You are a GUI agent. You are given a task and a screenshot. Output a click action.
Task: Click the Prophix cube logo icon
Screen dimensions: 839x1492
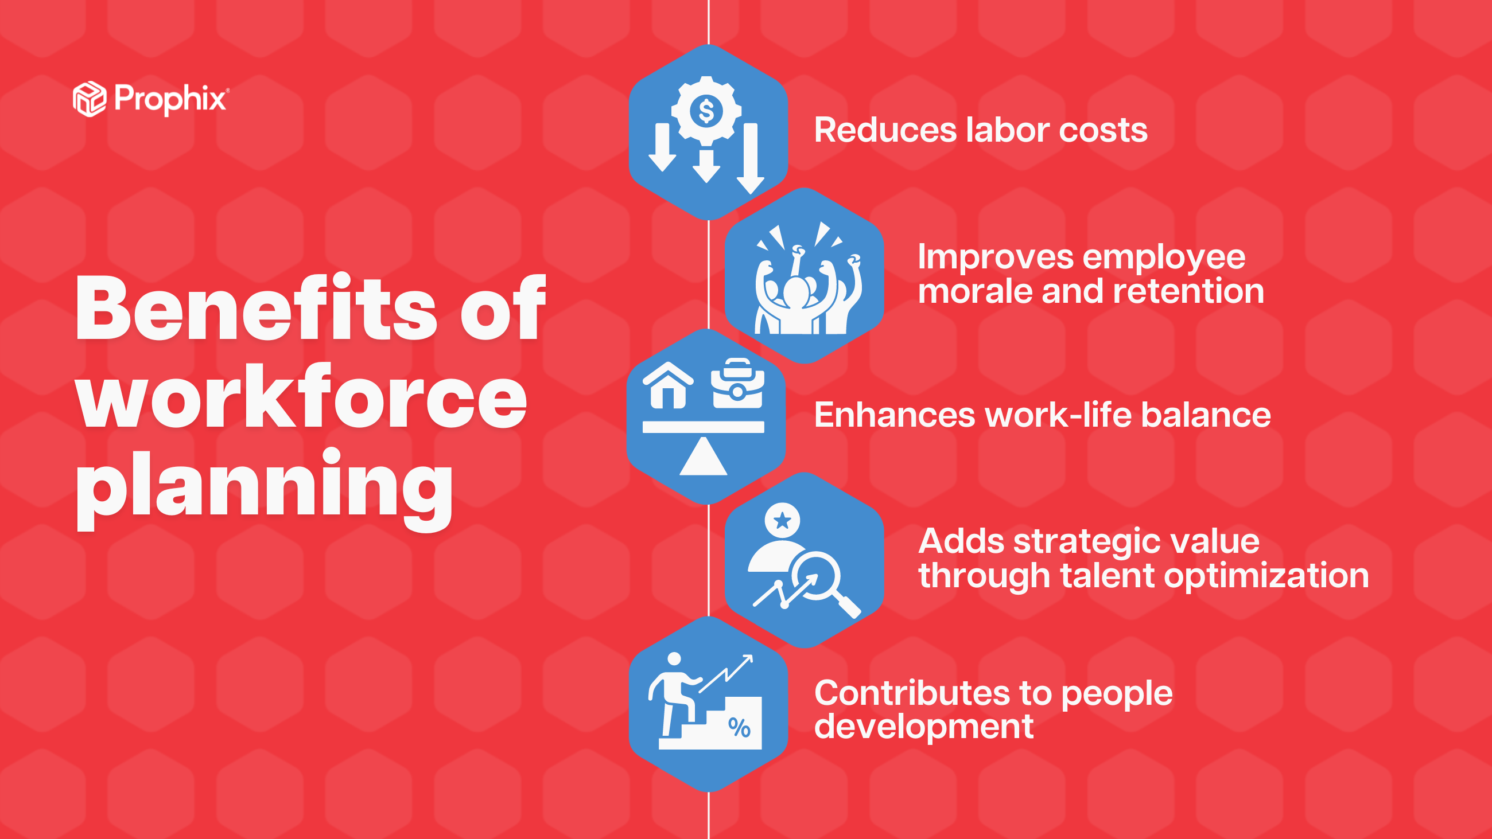tap(89, 99)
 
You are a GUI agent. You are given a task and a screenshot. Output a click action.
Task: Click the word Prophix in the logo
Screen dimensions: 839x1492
tap(170, 99)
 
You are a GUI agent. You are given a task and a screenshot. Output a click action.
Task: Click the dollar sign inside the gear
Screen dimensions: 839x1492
tap(706, 111)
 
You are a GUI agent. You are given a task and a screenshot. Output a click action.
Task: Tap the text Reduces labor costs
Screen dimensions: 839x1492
tap(980, 130)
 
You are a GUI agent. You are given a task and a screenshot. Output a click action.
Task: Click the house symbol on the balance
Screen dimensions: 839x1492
tap(668, 385)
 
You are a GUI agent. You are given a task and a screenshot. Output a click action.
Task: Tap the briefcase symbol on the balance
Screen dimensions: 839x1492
tap(737, 384)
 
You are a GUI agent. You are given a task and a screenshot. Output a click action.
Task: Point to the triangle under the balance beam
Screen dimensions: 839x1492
tap(703, 458)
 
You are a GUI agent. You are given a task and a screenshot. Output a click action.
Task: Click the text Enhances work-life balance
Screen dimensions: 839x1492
tap(1042, 415)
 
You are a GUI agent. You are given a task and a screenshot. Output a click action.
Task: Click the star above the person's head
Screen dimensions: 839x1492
tap(782, 520)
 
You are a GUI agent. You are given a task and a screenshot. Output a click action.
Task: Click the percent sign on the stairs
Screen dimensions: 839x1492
tap(739, 727)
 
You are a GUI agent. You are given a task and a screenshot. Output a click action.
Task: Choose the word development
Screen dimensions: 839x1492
tap(923, 727)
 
